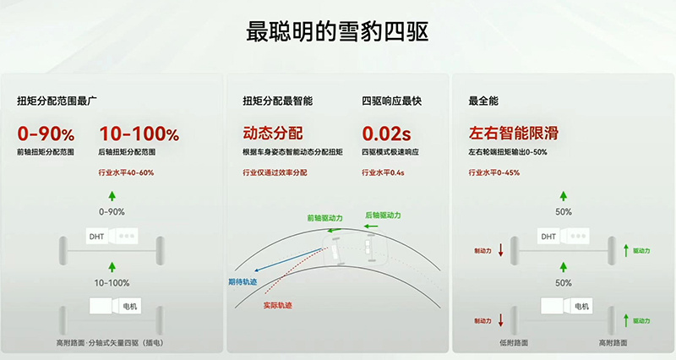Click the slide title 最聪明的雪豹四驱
click(x=337, y=32)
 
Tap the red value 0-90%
click(x=46, y=134)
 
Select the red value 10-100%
click(x=139, y=134)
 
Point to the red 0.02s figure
click(x=386, y=134)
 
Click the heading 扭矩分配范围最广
click(x=57, y=101)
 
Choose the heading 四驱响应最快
click(x=391, y=101)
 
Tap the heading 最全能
click(x=483, y=101)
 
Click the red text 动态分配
click(x=272, y=134)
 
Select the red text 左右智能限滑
click(x=514, y=134)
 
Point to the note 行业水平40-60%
click(x=126, y=172)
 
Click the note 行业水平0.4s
click(x=383, y=172)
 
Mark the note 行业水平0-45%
click(x=494, y=172)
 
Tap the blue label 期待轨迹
click(x=243, y=282)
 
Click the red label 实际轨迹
click(x=278, y=305)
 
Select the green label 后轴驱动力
click(x=383, y=215)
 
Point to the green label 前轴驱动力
click(x=324, y=218)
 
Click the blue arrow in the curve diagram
click(x=289, y=259)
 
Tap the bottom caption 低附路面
click(x=514, y=343)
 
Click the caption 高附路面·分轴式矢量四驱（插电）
click(x=110, y=343)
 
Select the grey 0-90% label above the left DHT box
click(x=112, y=211)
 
